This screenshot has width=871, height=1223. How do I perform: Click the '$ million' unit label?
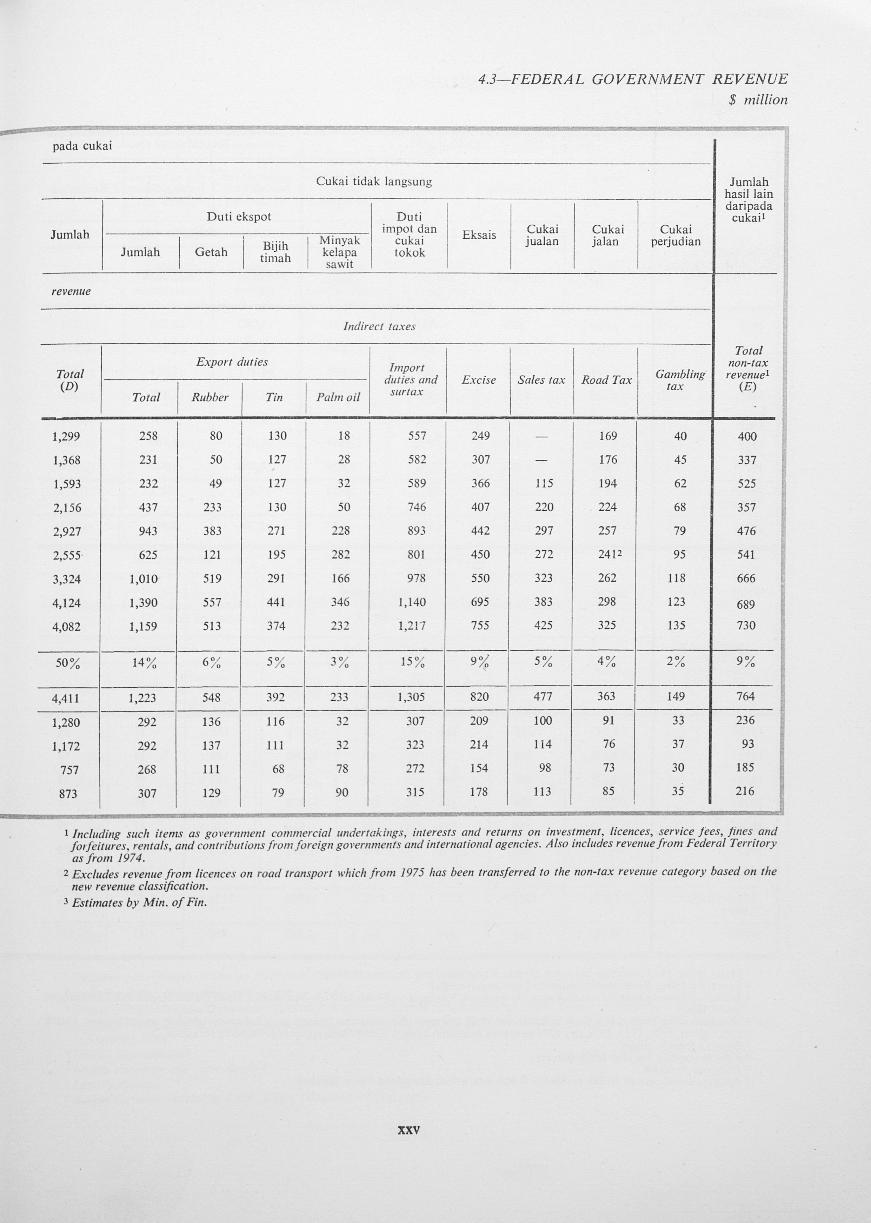[x=758, y=100]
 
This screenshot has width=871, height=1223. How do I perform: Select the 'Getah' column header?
[x=211, y=252]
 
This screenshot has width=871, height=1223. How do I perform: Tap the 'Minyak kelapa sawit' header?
[x=339, y=252]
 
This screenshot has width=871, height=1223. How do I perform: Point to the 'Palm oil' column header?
[x=338, y=397]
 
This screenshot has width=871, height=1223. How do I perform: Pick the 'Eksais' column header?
[x=479, y=235]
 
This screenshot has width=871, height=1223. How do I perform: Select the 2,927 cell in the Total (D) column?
[x=67, y=531]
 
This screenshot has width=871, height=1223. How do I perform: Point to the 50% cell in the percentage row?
[x=68, y=663]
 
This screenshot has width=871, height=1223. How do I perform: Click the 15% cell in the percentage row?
[x=412, y=662]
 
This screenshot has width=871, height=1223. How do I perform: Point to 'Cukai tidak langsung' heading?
[x=373, y=181]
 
